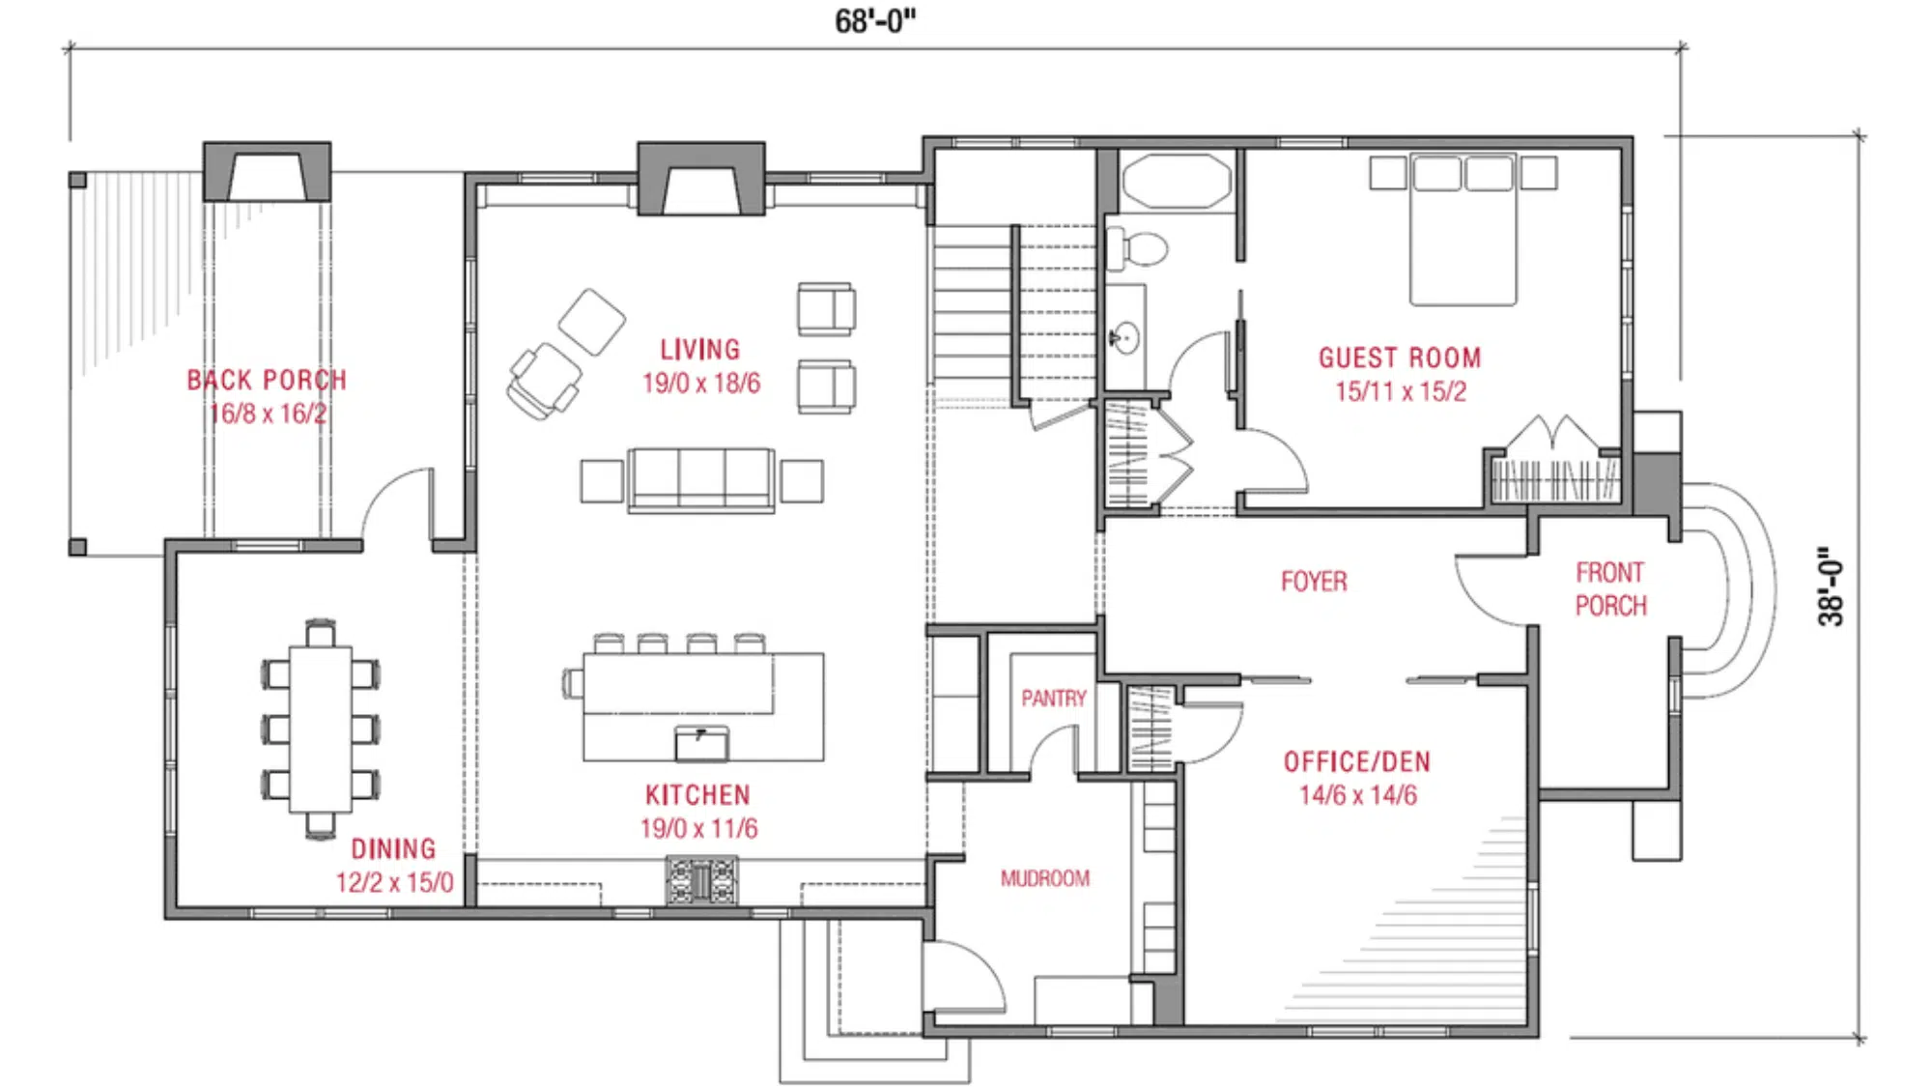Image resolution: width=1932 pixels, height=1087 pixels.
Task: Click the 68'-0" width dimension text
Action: (x=874, y=20)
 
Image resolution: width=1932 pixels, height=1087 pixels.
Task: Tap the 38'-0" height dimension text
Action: (x=1830, y=586)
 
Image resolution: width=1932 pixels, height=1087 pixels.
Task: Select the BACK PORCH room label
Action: (x=267, y=380)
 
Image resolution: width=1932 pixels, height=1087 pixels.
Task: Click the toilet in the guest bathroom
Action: (x=1138, y=248)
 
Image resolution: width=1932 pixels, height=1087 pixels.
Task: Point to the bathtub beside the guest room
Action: (x=1176, y=181)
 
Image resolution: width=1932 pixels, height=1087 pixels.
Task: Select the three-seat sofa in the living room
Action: (x=701, y=478)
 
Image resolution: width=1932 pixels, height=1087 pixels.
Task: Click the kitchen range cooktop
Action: (x=701, y=880)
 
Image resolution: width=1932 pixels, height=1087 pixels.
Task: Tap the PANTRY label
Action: (x=1054, y=698)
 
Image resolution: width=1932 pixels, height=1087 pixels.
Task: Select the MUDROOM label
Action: (x=1045, y=878)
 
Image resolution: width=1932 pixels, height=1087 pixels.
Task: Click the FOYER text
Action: (x=1314, y=581)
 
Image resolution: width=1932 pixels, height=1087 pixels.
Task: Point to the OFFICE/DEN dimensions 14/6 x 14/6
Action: (x=1357, y=795)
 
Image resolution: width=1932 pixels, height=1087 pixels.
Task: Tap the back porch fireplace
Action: (x=267, y=174)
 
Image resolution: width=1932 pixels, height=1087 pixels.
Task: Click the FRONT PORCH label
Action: (x=1610, y=588)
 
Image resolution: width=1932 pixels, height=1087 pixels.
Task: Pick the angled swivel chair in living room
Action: (x=544, y=380)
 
